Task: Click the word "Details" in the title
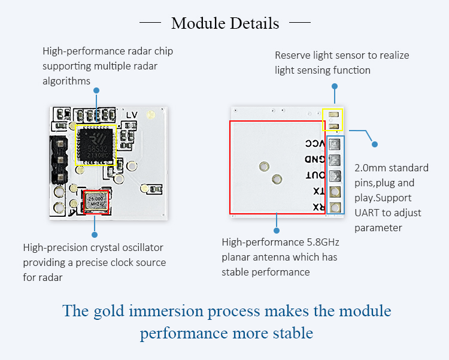click(x=251, y=23)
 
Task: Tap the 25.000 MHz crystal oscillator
click(x=96, y=201)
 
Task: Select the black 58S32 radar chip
click(x=96, y=143)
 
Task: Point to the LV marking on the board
click(x=132, y=115)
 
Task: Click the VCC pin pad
click(x=335, y=144)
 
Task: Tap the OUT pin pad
click(x=335, y=176)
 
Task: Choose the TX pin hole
click(x=335, y=192)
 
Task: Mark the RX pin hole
click(x=335, y=207)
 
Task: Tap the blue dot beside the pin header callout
click(x=375, y=144)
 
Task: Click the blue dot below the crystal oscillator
click(x=95, y=228)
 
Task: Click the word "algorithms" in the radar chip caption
click(x=66, y=81)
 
